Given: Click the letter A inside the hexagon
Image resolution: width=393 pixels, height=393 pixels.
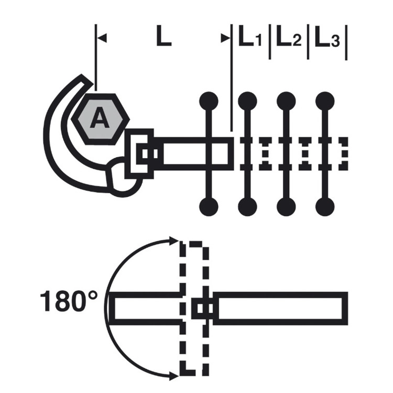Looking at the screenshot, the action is pyautogui.click(x=100, y=117).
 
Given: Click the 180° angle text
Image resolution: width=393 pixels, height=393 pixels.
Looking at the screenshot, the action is pyautogui.click(x=68, y=301).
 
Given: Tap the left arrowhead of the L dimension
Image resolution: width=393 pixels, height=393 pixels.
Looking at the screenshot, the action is pyautogui.click(x=102, y=38).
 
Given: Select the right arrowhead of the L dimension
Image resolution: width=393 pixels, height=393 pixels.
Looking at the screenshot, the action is pyautogui.click(x=225, y=38).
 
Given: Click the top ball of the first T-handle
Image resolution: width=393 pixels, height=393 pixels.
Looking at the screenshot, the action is pyautogui.click(x=209, y=101).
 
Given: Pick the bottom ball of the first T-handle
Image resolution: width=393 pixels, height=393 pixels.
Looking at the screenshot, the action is pyautogui.click(x=209, y=207).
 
